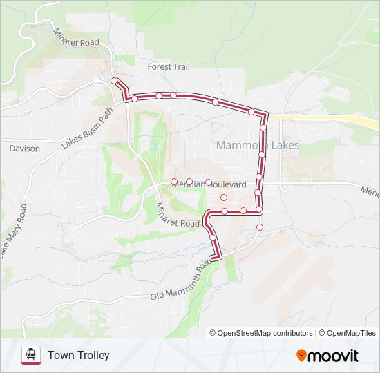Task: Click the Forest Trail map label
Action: click(169, 67)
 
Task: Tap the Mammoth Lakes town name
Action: click(257, 146)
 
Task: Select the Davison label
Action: click(25, 149)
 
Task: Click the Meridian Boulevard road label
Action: click(209, 185)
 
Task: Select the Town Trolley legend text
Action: click(79, 356)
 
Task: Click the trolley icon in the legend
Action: click(30, 355)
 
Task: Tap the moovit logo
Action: click(327, 356)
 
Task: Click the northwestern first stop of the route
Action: click(114, 81)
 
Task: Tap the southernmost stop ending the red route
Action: click(214, 257)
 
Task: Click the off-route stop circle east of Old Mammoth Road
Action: click(260, 227)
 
